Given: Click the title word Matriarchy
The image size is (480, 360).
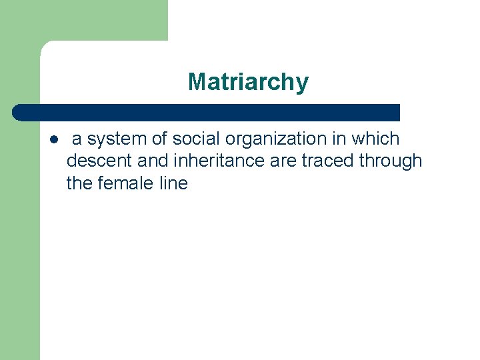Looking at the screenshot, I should click(x=248, y=82).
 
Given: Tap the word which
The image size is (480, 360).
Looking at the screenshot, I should click(x=376, y=139).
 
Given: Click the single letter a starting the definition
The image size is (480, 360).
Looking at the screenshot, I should click(x=77, y=140).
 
